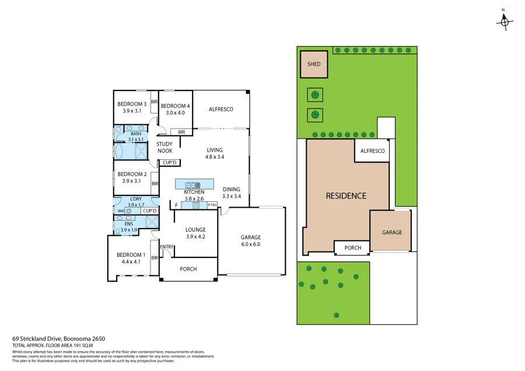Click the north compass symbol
[505, 21]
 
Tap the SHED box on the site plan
[313, 65]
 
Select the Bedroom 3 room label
[132, 104]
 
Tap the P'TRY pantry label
[212, 205]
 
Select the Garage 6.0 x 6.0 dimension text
[251, 244]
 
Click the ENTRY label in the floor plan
[166, 247]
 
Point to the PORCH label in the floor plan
[188, 269]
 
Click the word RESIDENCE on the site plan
[346, 196]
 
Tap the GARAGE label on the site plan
[392, 232]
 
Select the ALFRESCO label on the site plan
[372, 151]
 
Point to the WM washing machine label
[121, 211]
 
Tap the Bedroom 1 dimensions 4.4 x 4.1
[131, 262]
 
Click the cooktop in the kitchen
[195, 205]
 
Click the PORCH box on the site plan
[352, 248]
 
